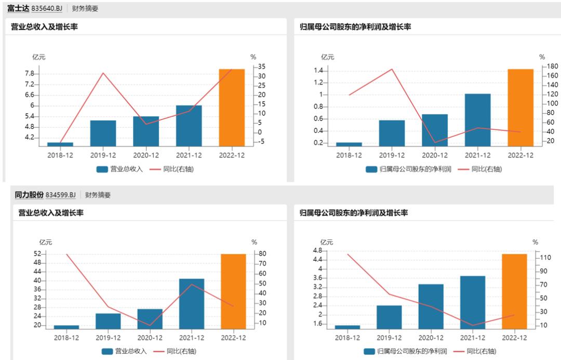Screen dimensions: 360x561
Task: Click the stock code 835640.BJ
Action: coord(46,9)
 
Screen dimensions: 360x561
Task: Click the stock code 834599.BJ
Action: coord(60,195)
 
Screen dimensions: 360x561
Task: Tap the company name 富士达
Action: coord(18,9)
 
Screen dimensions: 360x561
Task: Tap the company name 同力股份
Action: coord(29,195)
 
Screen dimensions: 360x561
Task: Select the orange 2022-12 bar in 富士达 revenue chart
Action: coord(232,108)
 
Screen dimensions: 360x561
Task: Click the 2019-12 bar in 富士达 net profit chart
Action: coord(392,133)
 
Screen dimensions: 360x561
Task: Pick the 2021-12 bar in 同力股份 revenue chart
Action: coord(192,303)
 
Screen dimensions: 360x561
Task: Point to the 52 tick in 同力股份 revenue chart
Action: coord(37,254)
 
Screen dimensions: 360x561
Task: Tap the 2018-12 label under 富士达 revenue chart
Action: coord(60,155)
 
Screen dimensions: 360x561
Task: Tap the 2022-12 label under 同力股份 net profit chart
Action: coord(514,338)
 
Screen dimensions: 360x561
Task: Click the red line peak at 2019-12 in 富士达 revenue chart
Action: coord(103,73)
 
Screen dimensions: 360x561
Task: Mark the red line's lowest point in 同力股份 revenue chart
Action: coord(150,325)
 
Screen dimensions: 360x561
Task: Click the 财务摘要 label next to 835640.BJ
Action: coord(85,9)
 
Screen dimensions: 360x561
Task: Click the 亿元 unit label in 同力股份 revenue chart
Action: coord(46,242)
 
